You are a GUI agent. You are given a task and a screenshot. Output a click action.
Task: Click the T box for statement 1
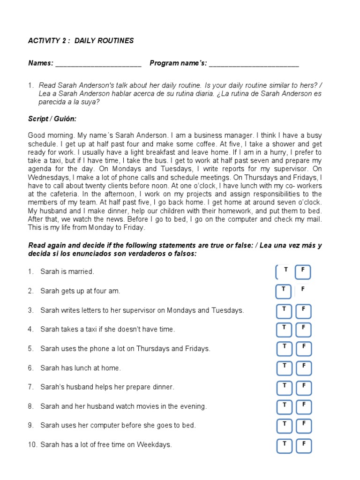point(285,272)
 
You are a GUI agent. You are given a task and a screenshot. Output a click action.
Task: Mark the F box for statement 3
point(303,311)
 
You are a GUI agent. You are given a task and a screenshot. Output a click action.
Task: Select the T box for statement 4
point(284,330)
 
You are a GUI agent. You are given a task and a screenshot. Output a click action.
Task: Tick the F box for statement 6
point(303,368)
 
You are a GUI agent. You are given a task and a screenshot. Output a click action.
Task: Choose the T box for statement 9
point(284,426)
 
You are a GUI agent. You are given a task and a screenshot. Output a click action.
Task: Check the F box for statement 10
point(303,445)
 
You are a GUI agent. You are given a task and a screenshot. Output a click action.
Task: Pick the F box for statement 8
point(303,407)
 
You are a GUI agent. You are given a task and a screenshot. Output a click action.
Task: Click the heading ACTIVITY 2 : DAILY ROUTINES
point(81,41)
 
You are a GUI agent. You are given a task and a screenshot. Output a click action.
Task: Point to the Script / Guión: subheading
point(52,119)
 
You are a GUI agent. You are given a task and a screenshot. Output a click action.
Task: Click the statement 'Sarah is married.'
point(67,272)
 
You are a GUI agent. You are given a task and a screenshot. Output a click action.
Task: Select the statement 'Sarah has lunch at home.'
point(81,368)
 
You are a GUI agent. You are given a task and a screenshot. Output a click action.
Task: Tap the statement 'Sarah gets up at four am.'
point(80,291)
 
